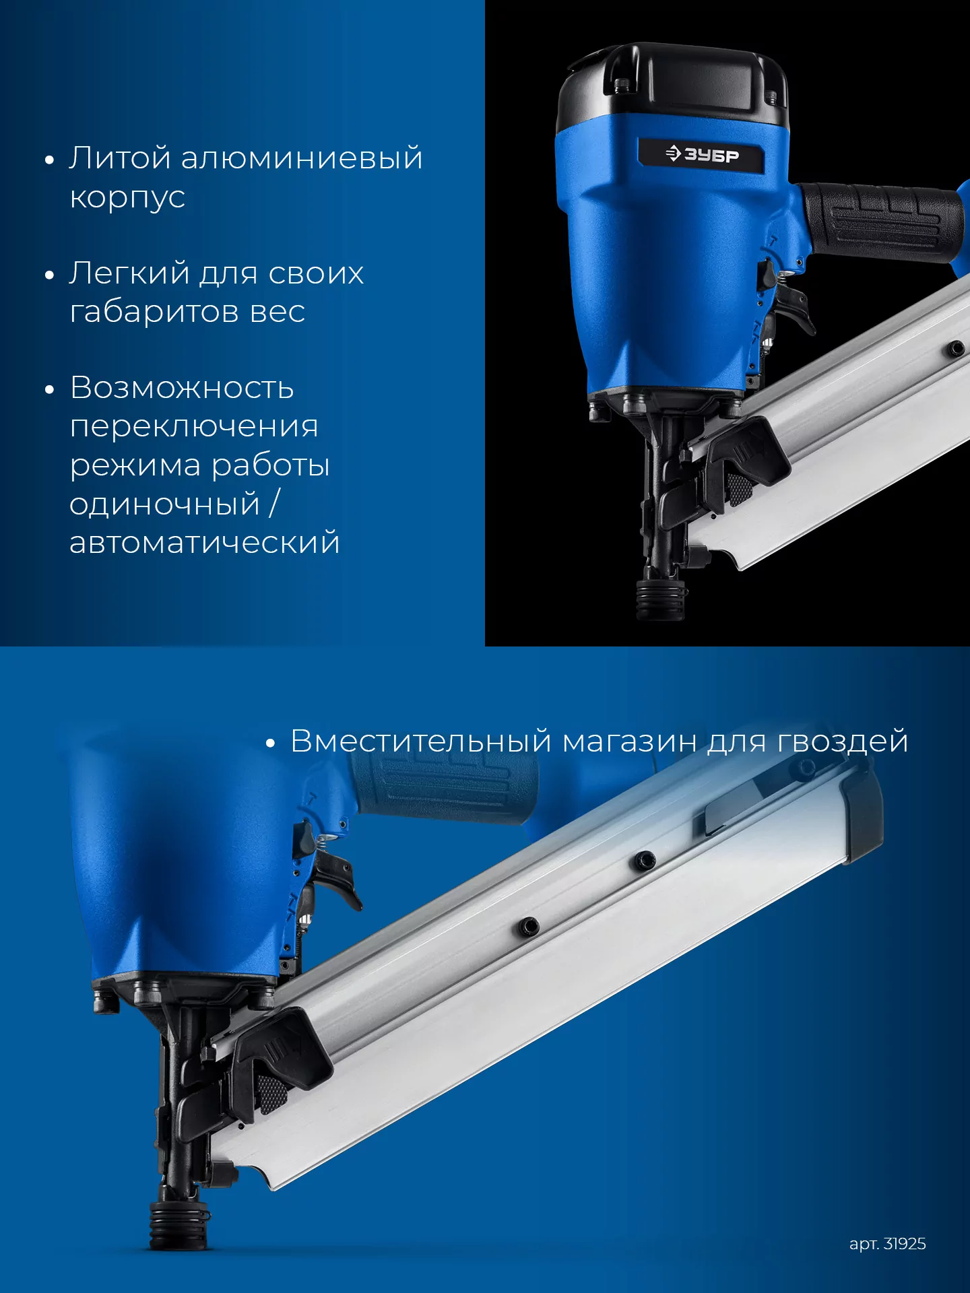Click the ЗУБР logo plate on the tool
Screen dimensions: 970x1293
[x=701, y=155]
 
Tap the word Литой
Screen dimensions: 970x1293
[x=121, y=158]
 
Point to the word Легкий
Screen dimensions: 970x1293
[x=129, y=273]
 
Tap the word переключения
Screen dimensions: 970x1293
[x=194, y=427]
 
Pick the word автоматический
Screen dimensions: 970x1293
[x=205, y=542]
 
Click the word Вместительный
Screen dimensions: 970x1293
[x=422, y=741]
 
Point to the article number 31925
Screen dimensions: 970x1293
[x=905, y=1244]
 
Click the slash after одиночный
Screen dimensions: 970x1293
[x=274, y=504]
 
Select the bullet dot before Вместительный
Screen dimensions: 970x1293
[x=270, y=743]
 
